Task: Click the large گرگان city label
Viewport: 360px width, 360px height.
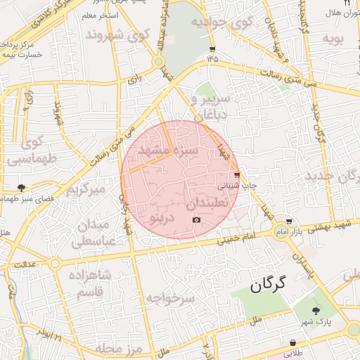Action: click(270, 284)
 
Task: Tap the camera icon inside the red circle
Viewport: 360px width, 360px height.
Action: click(196, 220)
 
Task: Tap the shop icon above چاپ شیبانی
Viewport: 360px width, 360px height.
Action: click(236, 175)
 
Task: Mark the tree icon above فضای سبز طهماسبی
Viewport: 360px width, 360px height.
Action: click(21, 188)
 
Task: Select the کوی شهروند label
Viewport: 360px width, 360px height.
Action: click(117, 34)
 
